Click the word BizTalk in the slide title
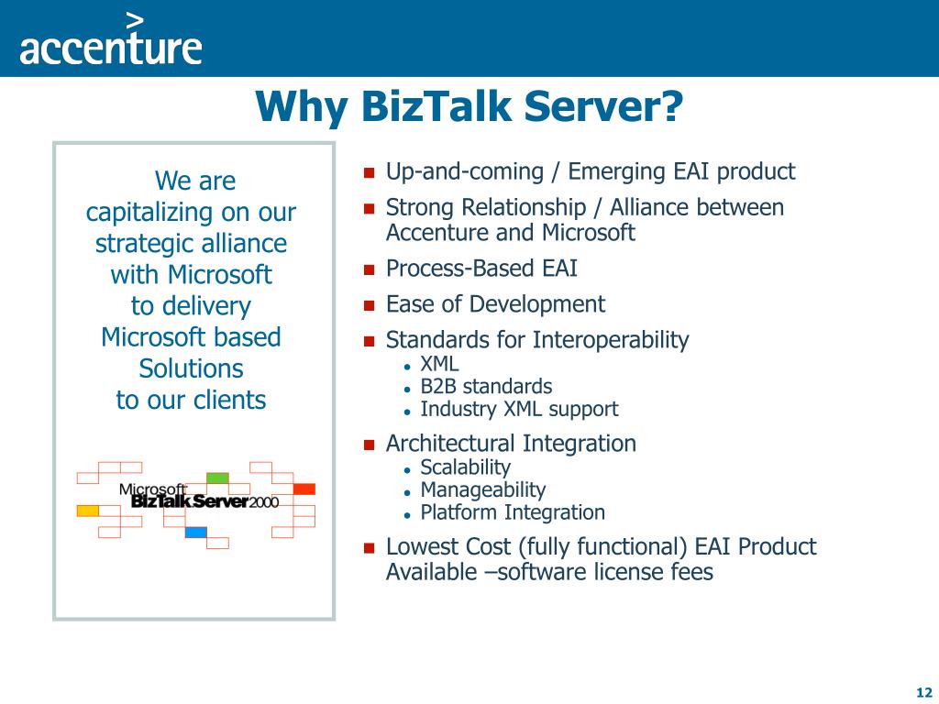point(436,106)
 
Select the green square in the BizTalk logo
point(217,478)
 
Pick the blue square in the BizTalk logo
point(196,533)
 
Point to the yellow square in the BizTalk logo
point(87,511)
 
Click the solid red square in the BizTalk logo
point(304,489)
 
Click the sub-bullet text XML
point(439,364)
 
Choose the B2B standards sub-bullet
point(486,387)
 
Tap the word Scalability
point(465,467)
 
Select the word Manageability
point(483,490)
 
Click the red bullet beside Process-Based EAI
point(369,269)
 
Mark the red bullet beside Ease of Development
point(369,305)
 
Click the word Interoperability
point(611,341)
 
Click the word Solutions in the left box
point(191,368)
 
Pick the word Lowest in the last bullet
point(419,546)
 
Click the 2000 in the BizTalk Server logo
point(264,502)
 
